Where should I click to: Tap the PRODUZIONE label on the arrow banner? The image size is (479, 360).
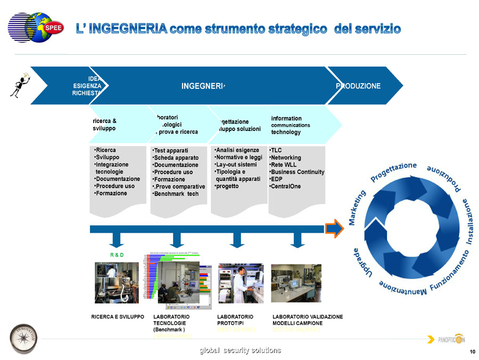(x=358, y=86)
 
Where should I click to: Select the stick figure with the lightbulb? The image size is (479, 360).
(x=19, y=84)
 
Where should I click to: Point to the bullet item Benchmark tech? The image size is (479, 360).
(x=175, y=194)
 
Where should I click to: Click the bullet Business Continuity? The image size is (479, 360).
(x=297, y=172)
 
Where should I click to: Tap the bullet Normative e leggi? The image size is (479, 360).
(x=238, y=158)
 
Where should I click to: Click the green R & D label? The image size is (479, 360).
(x=117, y=255)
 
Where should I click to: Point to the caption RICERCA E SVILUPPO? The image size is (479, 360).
(x=118, y=317)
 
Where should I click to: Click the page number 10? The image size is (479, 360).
(x=472, y=352)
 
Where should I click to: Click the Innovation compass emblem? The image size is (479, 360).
(x=23, y=338)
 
